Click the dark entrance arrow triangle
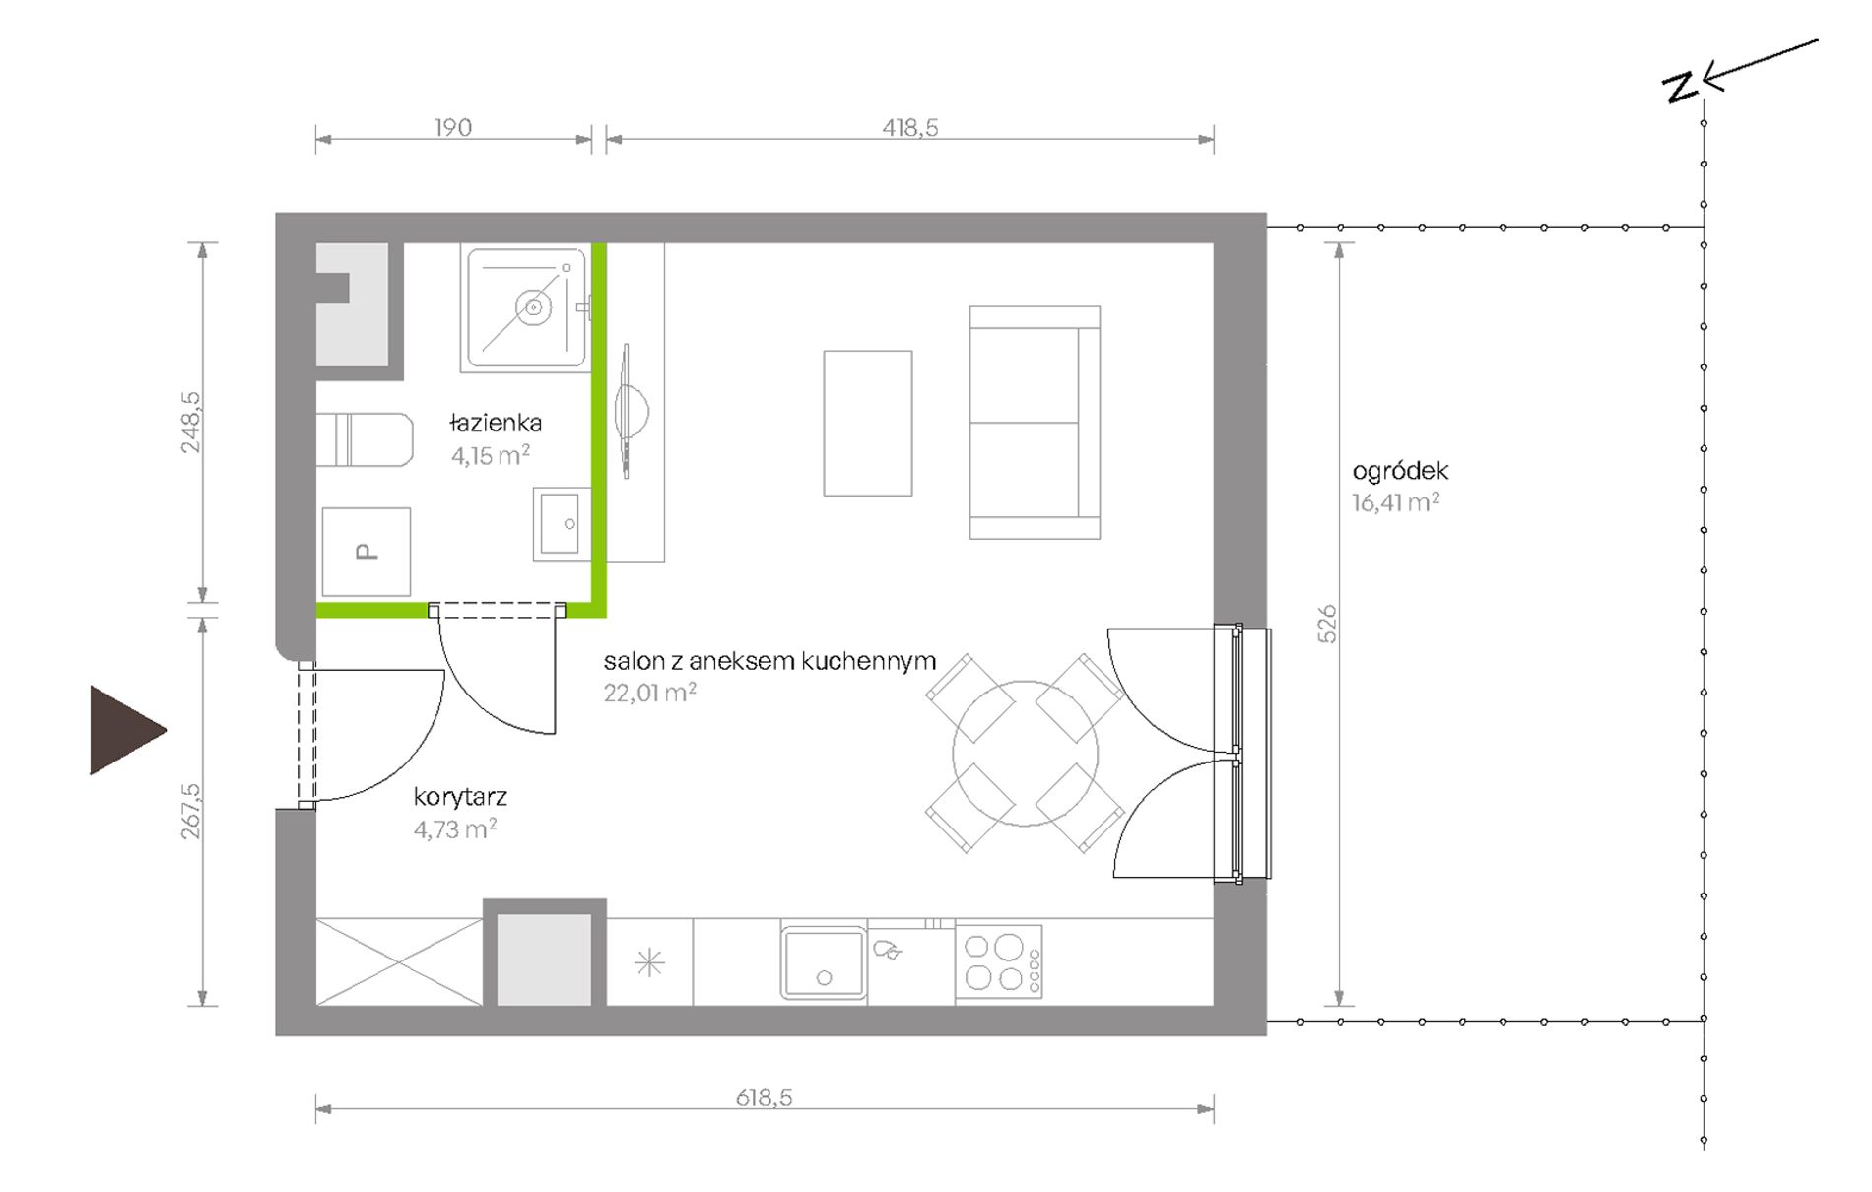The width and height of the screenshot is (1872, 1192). pyautogui.click(x=126, y=730)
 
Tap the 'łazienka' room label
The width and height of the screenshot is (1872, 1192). pyautogui.click(x=496, y=424)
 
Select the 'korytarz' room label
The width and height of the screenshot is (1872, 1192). pyautogui.click(x=460, y=797)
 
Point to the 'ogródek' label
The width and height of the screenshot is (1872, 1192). pyautogui.click(x=1400, y=471)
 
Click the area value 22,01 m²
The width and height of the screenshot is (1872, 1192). pyautogui.click(x=650, y=693)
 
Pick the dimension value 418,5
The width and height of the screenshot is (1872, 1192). pyautogui.click(x=910, y=127)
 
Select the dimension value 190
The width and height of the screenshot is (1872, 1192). pyautogui.click(x=453, y=127)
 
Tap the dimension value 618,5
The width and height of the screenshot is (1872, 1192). pyautogui.click(x=765, y=1097)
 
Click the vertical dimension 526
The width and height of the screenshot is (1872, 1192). pyautogui.click(x=1328, y=624)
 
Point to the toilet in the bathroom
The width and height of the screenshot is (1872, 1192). pyautogui.click(x=364, y=439)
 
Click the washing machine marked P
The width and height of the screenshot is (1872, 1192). pyautogui.click(x=367, y=552)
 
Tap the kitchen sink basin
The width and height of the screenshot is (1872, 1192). pyautogui.click(x=824, y=962)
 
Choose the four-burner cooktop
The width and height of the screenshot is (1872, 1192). pyautogui.click(x=999, y=962)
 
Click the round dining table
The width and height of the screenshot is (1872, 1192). pyautogui.click(x=1025, y=753)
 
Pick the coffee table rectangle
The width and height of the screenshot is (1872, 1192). pyautogui.click(x=868, y=423)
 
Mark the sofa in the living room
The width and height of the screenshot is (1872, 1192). pyautogui.click(x=1035, y=423)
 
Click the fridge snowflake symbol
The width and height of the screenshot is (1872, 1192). pyautogui.click(x=650, y=962)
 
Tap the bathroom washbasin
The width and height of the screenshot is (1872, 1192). pyautogui.click(x=562, y=523)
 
